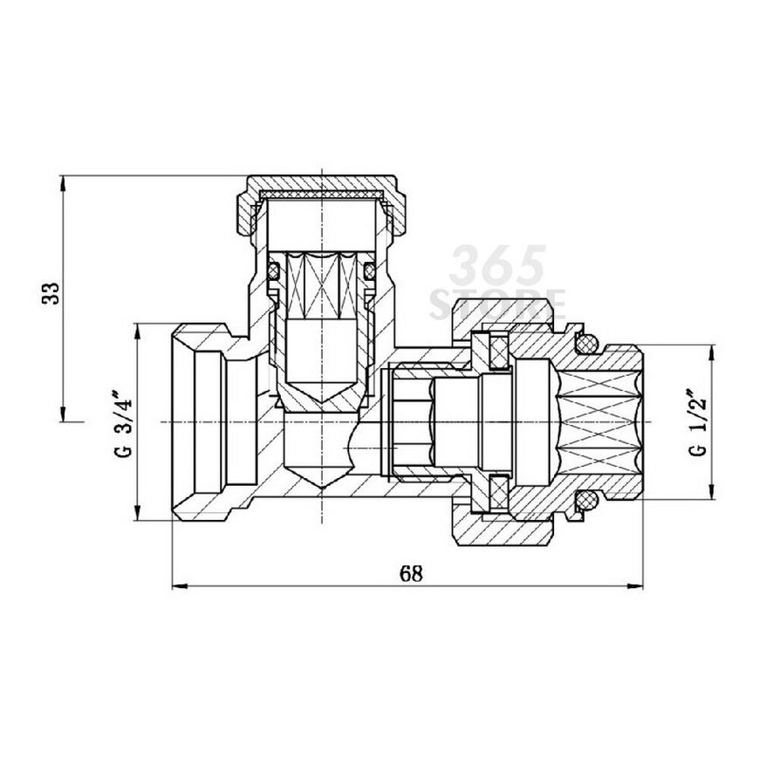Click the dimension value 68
coord(411,573)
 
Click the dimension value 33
coord(51,293)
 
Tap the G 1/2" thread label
coord(698,421)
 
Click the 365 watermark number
coord(497,265)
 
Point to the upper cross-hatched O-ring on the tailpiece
coord(586,343)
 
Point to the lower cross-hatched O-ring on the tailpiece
coord(586,502)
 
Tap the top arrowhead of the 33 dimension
coord(62,183)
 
